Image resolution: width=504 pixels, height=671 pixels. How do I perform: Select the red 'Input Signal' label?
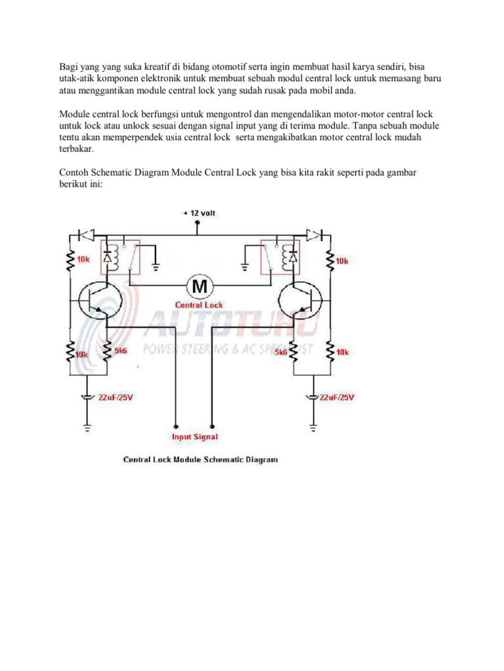click(194, 436)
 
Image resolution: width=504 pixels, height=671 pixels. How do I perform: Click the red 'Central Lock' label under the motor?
click(198, 305)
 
